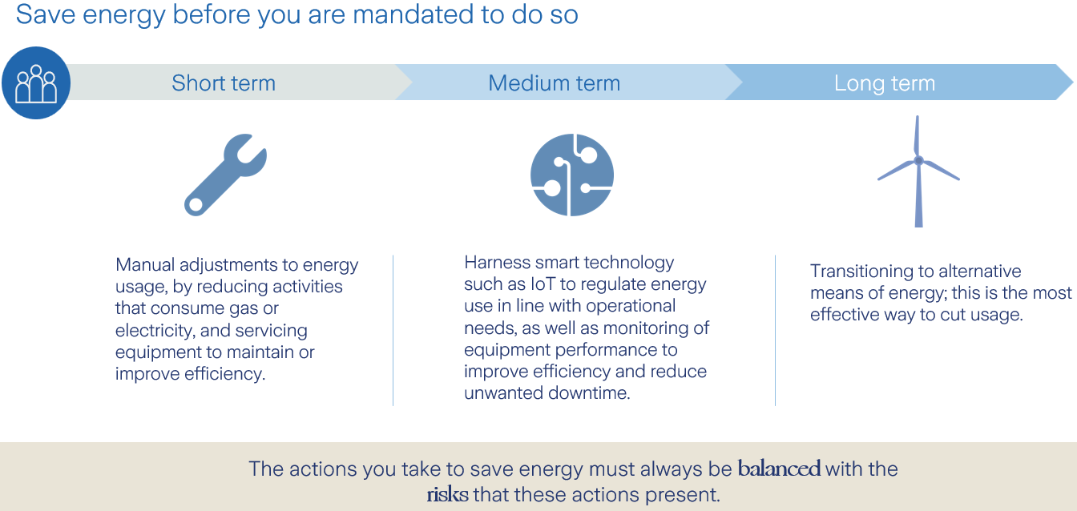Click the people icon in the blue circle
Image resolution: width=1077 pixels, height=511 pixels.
(x=36, y=83)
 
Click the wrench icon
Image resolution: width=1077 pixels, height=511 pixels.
(x=225, y=175)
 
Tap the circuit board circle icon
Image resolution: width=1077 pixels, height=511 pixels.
(x=571, y=175)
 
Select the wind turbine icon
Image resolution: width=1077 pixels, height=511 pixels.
(x=918, y=171)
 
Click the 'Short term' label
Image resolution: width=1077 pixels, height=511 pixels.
(x=224, y=83)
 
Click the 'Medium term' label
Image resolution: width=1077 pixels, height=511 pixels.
(x=554, y=83)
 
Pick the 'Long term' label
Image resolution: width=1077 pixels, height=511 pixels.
(x=884, y=83)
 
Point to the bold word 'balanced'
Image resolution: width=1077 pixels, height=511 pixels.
(x=779, y=469)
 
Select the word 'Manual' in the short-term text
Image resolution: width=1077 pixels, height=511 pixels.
(x=144, y=265)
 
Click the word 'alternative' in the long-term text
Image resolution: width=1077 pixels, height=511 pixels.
(x=978, y=272)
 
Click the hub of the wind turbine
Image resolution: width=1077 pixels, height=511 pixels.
(x=918, y=161)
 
